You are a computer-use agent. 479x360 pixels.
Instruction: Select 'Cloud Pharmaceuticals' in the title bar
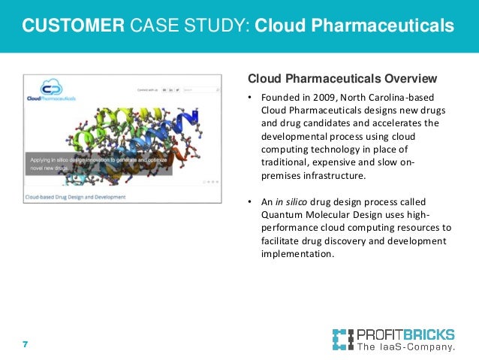coord(354,27)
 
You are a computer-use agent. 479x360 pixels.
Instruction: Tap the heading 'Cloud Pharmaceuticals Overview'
coord(342,78)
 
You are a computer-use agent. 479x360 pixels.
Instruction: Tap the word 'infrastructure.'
coord(339,176)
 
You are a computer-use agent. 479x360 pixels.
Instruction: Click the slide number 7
coord(25,344)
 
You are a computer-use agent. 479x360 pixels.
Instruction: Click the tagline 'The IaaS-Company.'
coord(406,348)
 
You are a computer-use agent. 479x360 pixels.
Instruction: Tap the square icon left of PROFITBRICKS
coord(342,340)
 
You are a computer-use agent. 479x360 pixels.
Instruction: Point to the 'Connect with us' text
coord(147,89)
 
